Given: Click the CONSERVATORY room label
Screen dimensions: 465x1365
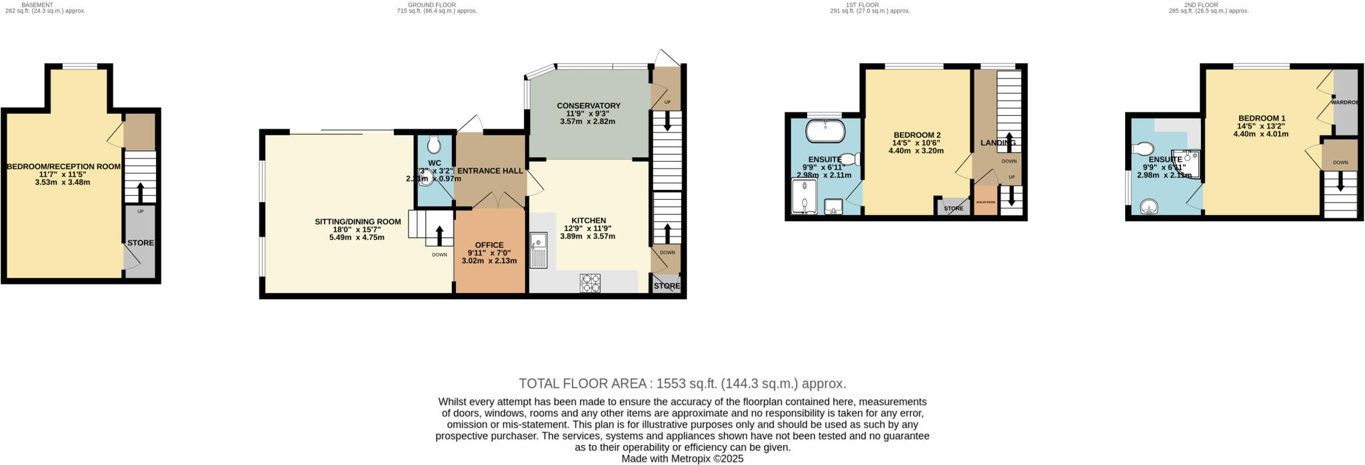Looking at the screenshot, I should [589, 106].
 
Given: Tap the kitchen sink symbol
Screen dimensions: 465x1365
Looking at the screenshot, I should [538, 250].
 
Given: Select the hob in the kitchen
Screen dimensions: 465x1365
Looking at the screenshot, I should [590, 283].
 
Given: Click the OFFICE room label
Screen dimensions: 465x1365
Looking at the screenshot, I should [489, 245].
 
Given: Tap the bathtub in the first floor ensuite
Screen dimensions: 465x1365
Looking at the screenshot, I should [825, 131].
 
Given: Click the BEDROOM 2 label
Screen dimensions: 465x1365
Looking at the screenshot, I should [916, 135].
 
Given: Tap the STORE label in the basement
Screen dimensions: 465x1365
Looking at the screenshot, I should [141, 243].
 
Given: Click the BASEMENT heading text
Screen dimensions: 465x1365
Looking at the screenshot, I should [37, 5].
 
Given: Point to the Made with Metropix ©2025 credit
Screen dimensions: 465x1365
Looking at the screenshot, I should [682, 459].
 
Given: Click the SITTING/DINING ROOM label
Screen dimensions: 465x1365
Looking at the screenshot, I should [358, 222].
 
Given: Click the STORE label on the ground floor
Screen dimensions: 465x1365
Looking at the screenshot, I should [667, 286].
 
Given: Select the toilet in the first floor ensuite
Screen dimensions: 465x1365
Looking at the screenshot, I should [849, 159].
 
